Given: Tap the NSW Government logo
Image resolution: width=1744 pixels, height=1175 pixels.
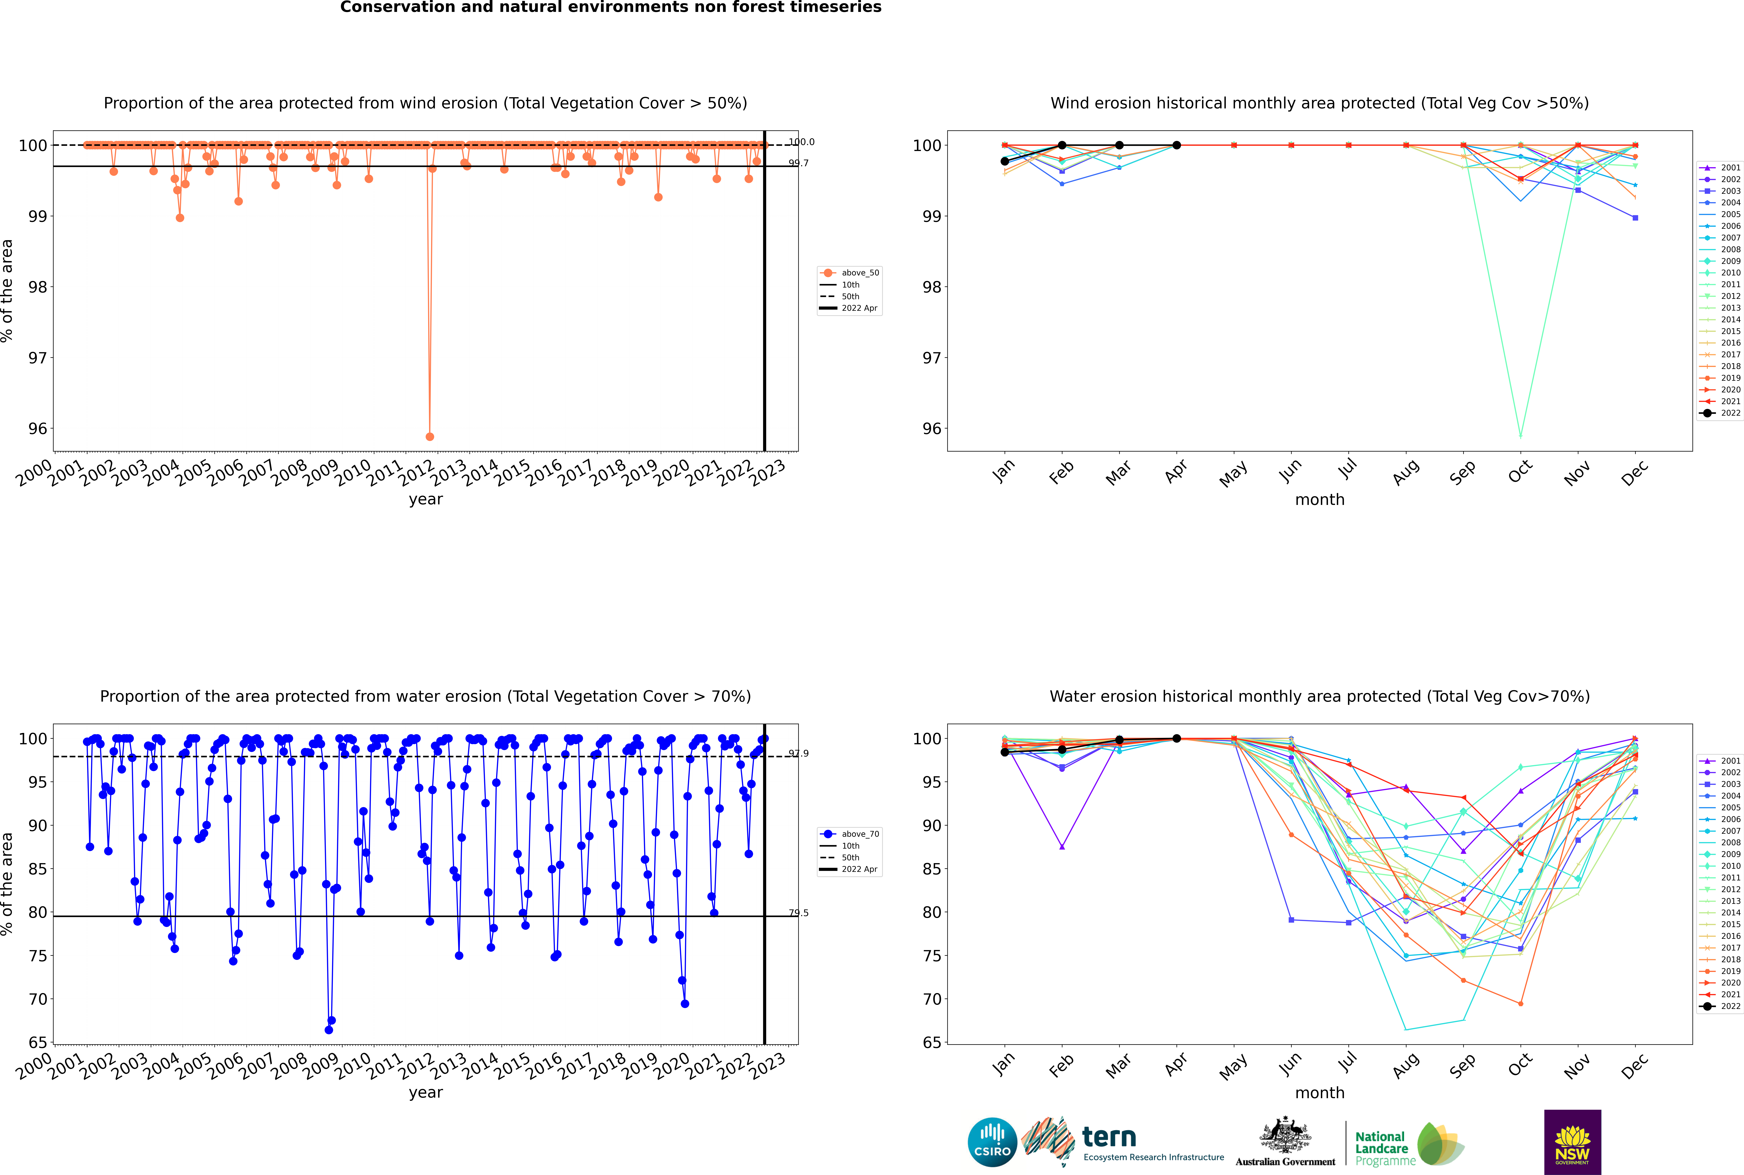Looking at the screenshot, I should point(1572,1141).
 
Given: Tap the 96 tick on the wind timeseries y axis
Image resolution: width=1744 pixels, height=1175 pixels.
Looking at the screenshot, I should point(37,429).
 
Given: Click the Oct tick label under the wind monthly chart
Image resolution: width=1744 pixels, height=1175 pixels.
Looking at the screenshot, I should point(1520,472).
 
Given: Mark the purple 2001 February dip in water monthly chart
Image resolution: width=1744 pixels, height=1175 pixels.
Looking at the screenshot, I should point(1062,847).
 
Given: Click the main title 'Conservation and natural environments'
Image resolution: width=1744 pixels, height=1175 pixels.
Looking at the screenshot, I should point(610,7).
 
